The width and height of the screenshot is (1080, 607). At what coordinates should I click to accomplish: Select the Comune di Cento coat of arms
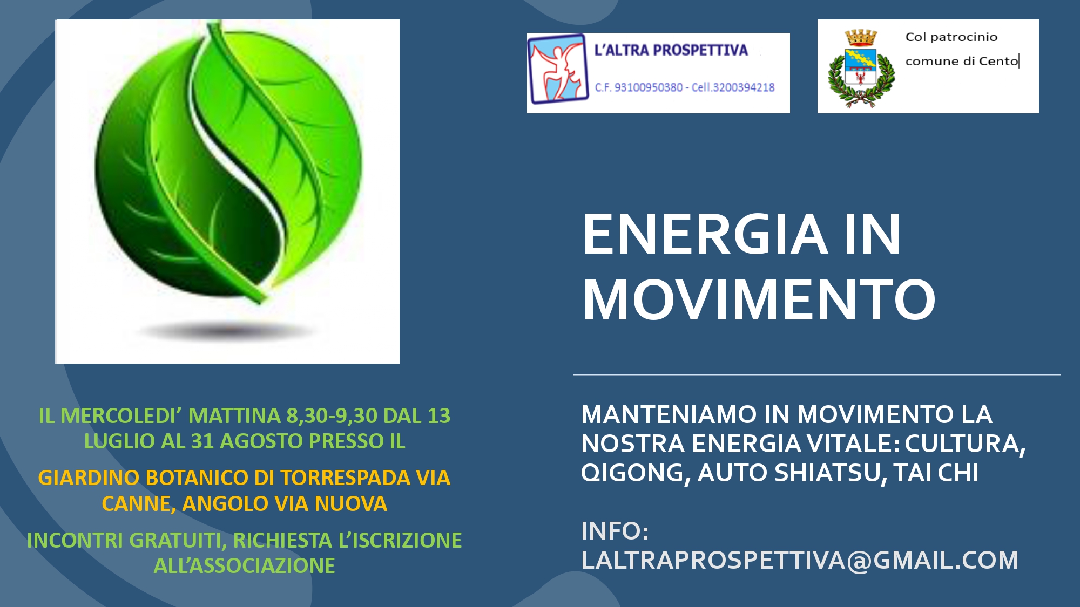click(x=861, y=69)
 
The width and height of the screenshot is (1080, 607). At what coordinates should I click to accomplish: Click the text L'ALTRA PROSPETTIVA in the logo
click(x=671, y=50)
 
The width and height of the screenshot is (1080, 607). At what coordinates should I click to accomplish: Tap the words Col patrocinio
click(x=951, y=37)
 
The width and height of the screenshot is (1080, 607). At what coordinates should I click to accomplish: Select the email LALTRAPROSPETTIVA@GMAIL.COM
click(x=800, y=560)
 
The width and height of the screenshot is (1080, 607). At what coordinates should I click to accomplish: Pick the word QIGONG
click(x=636, y=473)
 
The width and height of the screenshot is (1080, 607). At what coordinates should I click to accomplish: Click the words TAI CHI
click(x=936, y=473)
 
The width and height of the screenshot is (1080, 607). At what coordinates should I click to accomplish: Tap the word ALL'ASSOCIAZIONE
click(x=244, y=566)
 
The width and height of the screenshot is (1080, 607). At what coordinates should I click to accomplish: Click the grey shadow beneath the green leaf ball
click(x=227, y=330)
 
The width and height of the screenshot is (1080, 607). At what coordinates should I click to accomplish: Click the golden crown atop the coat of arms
click(x=861, y=38)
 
